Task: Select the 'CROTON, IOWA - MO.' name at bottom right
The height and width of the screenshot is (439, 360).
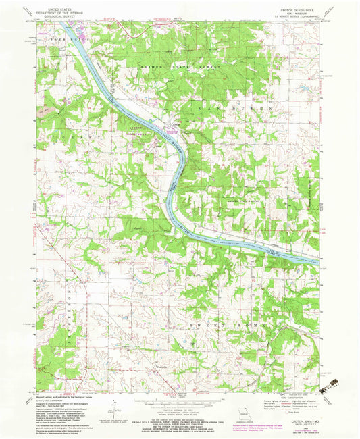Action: [x=300, y=421]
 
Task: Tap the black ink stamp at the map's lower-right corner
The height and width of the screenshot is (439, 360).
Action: [x=330, y=384]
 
